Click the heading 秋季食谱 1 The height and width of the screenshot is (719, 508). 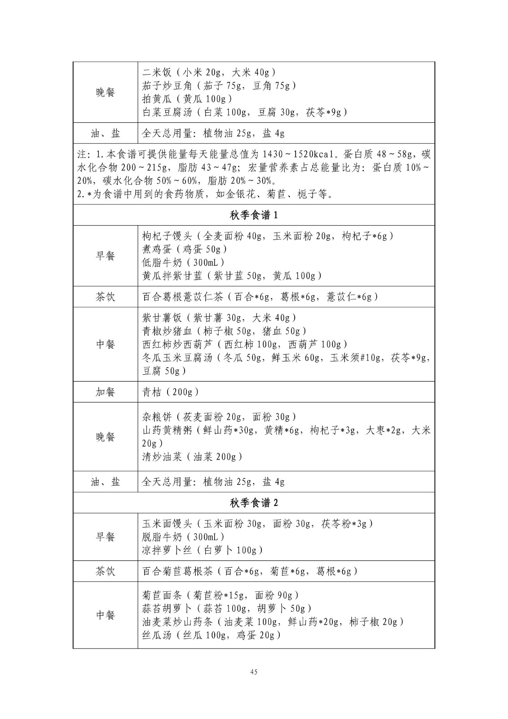pos(254,215)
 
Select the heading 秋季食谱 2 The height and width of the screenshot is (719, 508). pos(254,503)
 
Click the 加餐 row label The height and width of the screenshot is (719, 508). pos(105,392)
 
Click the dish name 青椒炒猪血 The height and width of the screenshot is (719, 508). pos(162,331)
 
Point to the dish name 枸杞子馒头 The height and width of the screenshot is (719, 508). pos(162,236)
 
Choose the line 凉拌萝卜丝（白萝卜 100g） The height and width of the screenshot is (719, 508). pos(203,550)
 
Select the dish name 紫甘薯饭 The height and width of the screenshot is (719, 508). pos(162,318)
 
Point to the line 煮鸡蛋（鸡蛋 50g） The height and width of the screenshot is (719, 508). pos(185,249)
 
